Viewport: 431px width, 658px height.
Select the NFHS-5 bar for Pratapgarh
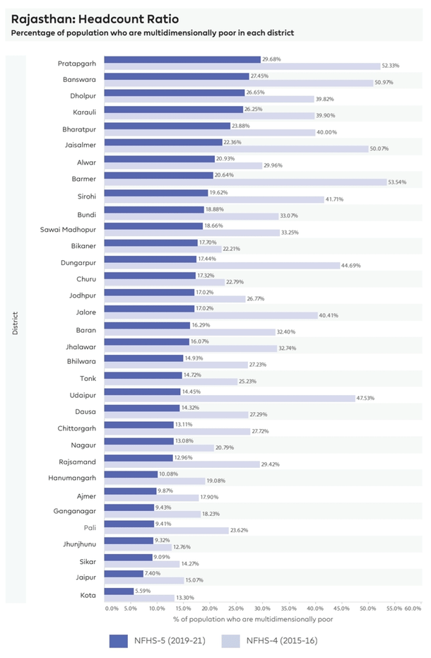182,59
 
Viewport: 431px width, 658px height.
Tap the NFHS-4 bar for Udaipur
230,398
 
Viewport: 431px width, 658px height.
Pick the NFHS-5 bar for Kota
119,590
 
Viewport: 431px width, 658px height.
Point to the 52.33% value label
390,66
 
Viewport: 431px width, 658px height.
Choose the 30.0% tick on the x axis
262,608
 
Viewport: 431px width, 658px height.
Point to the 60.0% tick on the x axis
413,608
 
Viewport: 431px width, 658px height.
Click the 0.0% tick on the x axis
111,608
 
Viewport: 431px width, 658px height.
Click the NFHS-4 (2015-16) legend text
282,641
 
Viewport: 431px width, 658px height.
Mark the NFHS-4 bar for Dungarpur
222,266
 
